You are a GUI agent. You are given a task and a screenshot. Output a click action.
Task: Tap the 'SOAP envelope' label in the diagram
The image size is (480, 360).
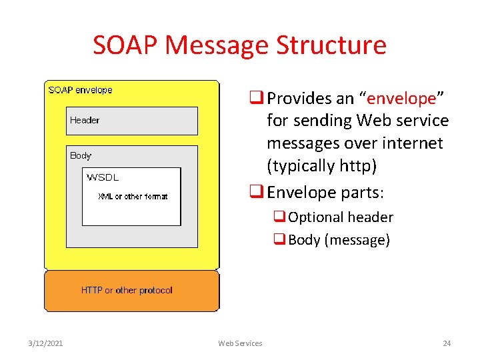point(81,90)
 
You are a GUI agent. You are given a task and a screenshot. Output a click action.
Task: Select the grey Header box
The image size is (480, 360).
point(132,121)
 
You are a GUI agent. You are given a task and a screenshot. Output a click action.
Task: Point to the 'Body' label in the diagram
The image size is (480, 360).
point(81,155)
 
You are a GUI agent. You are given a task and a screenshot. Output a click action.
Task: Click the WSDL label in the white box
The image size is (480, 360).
point(103,177)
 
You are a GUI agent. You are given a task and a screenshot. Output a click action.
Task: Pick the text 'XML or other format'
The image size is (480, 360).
point(133,197)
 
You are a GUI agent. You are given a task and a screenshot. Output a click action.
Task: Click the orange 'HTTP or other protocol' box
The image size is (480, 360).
point(131,291)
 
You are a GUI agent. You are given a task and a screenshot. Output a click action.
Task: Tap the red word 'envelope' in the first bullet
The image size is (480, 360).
point(401,99)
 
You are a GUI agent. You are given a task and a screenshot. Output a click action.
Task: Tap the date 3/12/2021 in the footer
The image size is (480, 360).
point(46,343)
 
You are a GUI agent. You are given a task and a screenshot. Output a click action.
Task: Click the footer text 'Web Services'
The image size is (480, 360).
point(240,343)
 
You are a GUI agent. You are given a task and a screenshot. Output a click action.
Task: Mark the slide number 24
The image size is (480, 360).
point(447,343)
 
